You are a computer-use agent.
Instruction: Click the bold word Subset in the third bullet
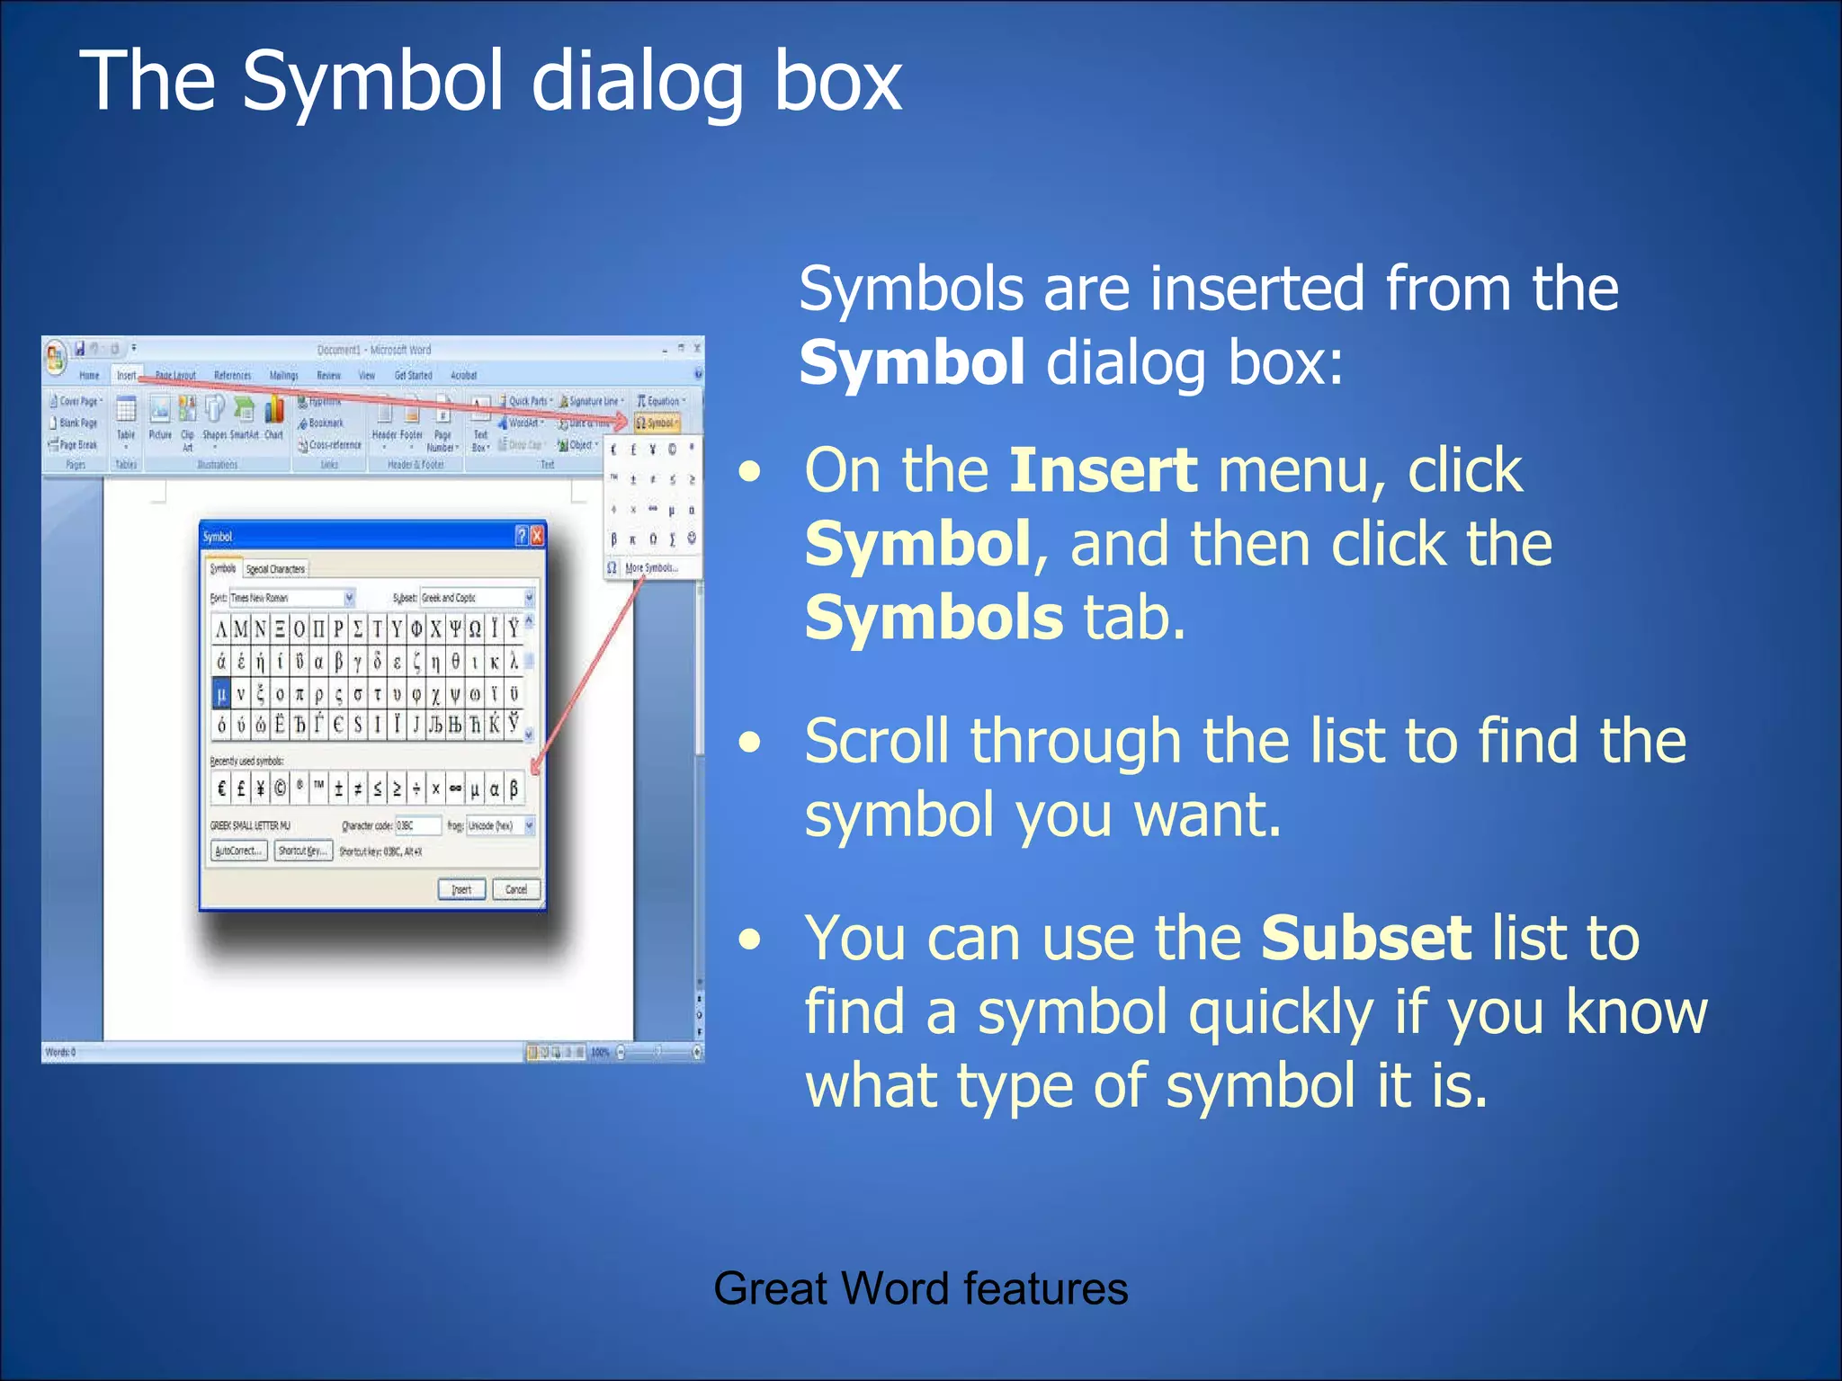point(1365,938)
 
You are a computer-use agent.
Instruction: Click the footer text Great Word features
point(920,1287)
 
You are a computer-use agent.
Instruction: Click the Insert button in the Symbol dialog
point(461,889)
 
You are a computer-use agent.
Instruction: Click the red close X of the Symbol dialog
point(537,536)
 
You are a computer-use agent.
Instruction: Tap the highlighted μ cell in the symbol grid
point(221,693)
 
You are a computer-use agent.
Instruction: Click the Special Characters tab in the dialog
point(275,569)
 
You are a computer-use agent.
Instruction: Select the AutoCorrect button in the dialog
point(238,851)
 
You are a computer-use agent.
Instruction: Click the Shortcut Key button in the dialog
point(303,851)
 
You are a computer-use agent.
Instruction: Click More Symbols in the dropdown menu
point(650,568)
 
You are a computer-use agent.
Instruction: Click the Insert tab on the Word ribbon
point(126,376)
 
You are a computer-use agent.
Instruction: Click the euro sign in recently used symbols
point(221,789)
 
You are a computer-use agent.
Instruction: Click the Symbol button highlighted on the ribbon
point(657,423)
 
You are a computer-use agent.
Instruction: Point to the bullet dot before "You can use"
point(749,940)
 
